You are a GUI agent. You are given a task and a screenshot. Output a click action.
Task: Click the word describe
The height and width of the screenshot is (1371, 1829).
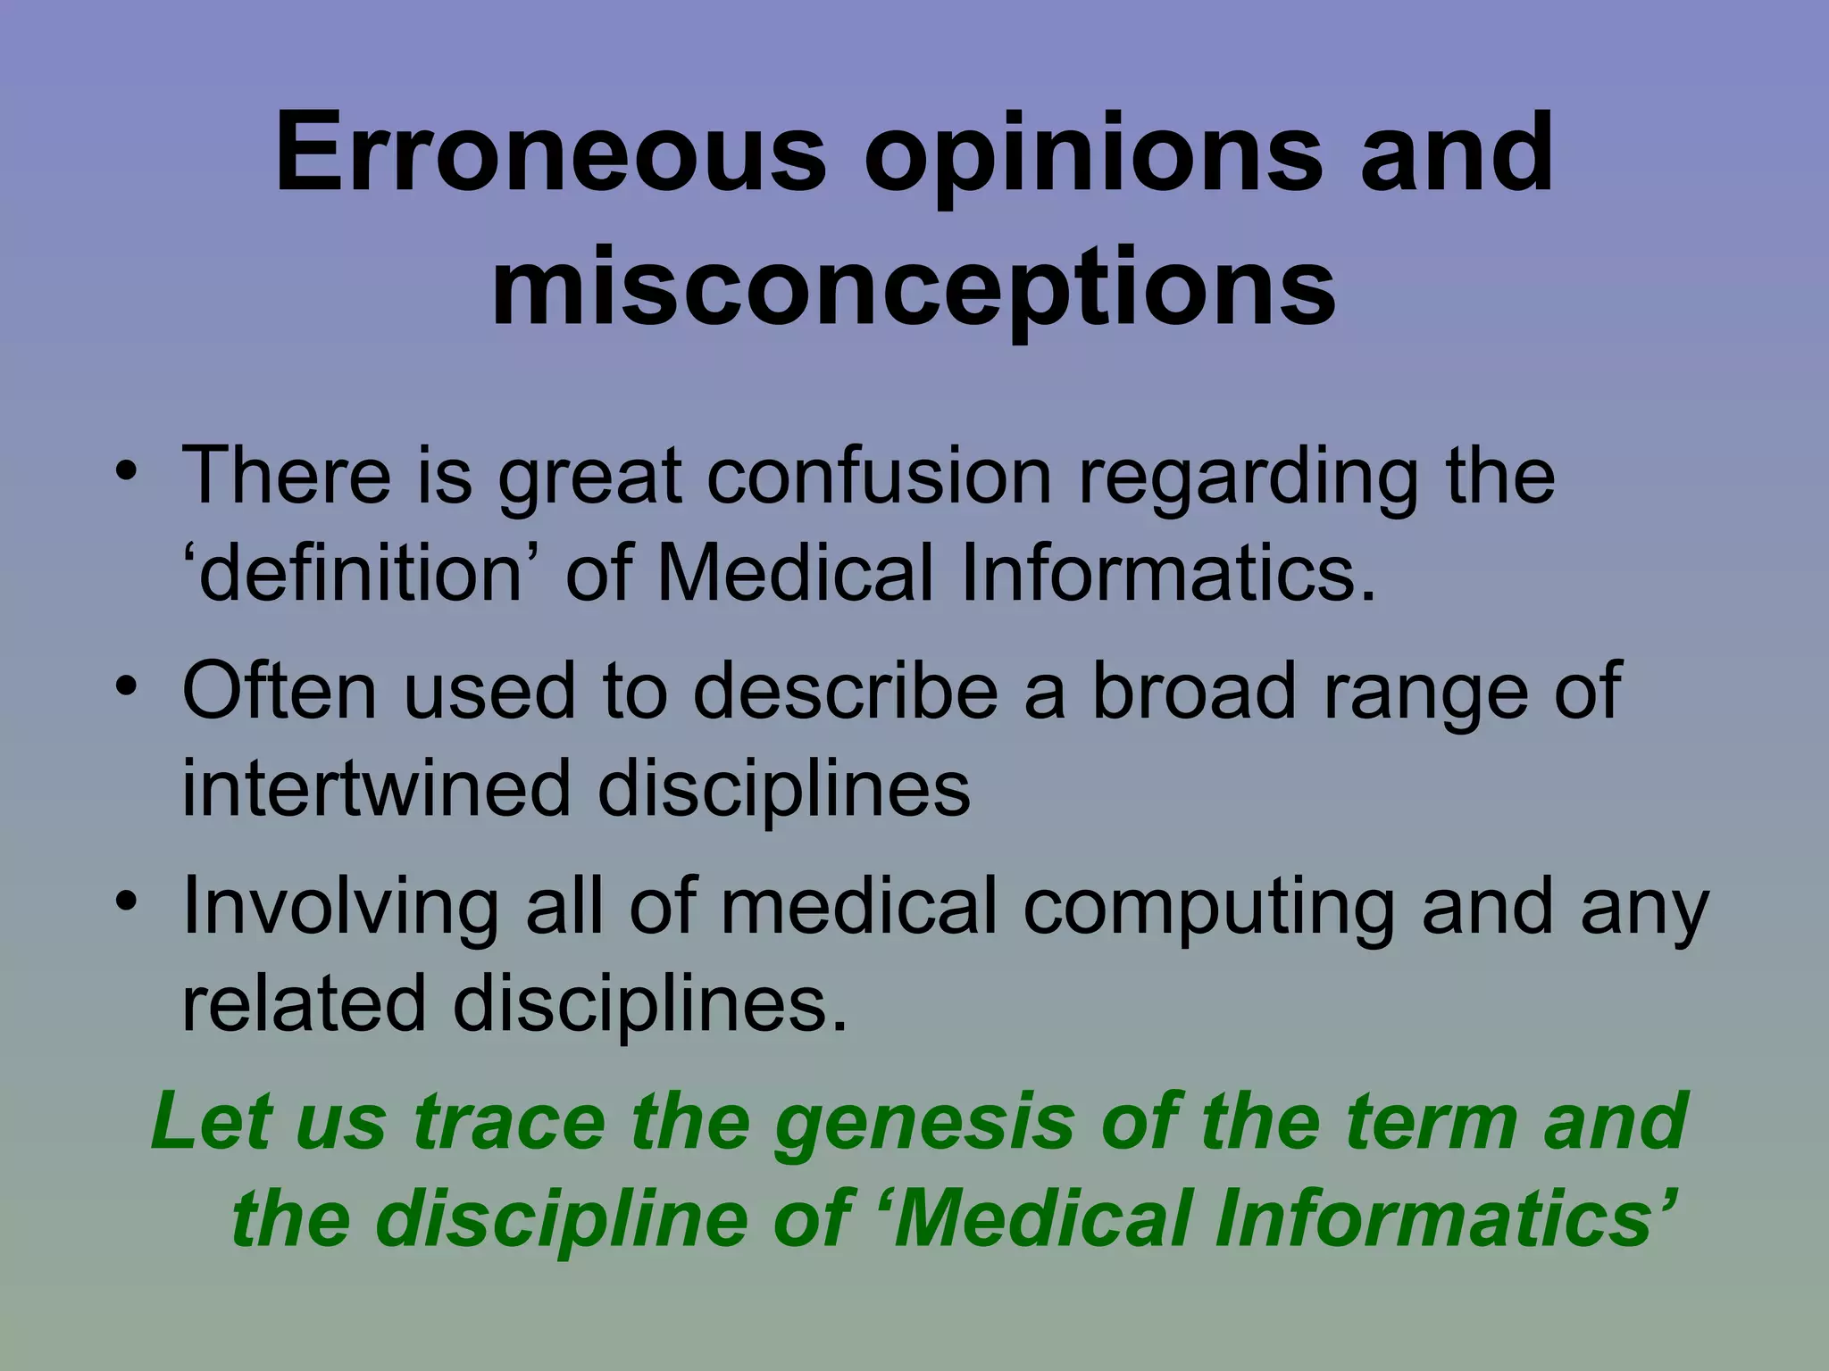(x=845, y=691)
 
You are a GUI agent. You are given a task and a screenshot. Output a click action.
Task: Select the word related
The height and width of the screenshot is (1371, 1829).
(x=304, y=1005)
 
